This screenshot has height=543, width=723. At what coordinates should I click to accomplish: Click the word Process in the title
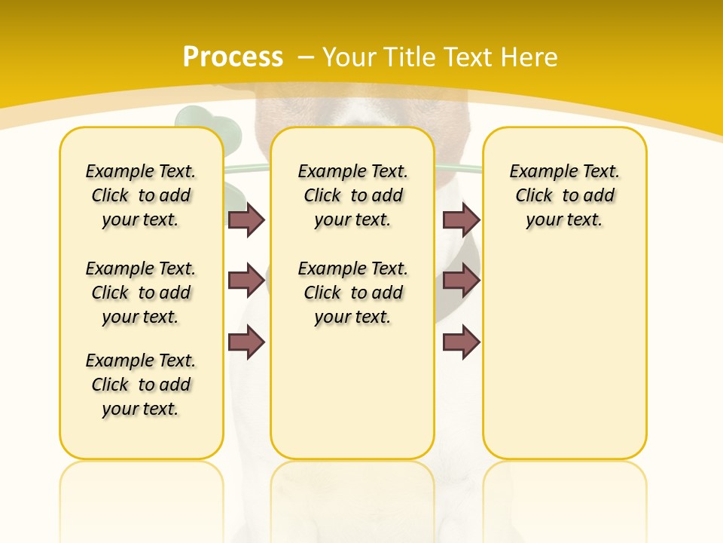tap(233, 57)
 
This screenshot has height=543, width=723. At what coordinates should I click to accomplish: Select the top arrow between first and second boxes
tap(246, 219)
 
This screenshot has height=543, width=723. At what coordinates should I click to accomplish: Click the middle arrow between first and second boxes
tap(246, 281)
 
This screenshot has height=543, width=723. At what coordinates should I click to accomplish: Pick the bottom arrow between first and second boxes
tap(246, 342)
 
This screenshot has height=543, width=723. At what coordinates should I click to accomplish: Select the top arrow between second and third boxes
tap(461, 219)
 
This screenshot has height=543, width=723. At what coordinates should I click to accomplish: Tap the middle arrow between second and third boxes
tap(461, 281)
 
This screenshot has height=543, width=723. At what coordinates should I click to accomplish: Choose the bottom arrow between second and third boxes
tap(461, 342)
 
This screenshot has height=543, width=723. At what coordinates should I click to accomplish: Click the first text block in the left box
tap(141, 195)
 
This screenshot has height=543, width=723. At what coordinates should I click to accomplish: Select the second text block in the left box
tap(141, 293)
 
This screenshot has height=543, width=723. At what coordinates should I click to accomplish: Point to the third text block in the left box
tap(141, 385)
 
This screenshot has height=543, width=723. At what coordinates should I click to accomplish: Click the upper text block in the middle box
tap(352, 195)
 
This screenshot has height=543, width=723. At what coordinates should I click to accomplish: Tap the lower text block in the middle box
tap(352, 293)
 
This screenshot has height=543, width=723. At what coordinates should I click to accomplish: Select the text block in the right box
tap(564, 195)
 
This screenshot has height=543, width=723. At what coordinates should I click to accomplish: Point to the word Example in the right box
tap(537, 172)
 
